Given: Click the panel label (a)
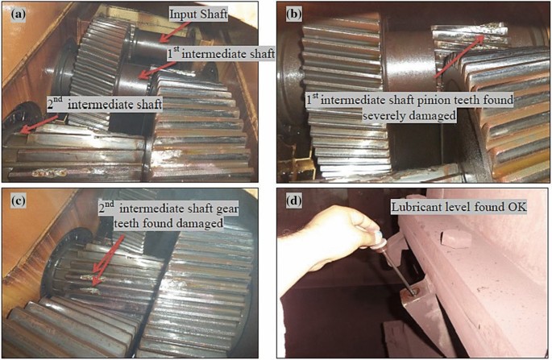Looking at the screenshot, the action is click(19, 14).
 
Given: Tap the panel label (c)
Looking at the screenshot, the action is click(19, 201).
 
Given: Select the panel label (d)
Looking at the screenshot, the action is click(294, 201).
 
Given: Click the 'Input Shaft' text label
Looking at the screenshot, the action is click(198, 14).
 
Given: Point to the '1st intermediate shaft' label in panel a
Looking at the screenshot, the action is click(221, 54).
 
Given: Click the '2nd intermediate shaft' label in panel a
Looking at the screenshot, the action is click(105, 104).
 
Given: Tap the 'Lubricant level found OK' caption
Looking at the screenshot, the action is click(459, 207).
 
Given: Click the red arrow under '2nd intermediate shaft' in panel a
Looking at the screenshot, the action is click(39, 124).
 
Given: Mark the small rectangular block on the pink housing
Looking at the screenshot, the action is click(456, 239).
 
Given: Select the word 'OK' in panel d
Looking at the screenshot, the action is click(517, 207).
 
